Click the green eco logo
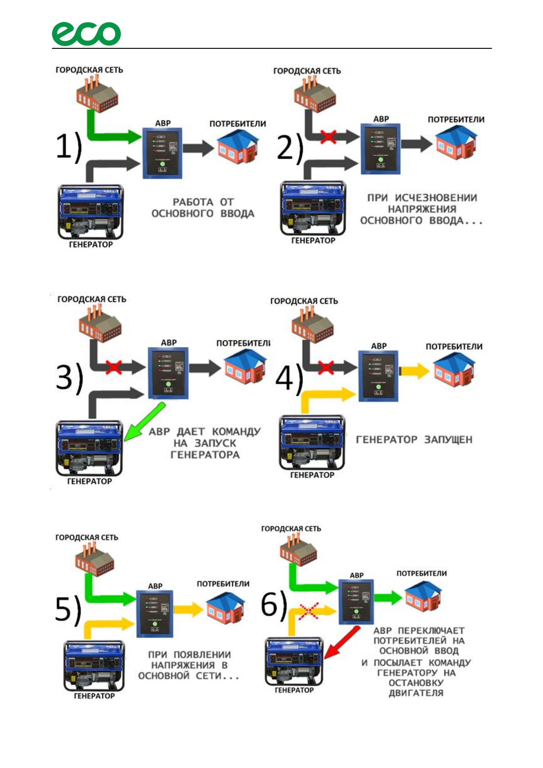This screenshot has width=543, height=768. (x=86, y=34)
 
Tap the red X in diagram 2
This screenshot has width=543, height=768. (x=328, y=136)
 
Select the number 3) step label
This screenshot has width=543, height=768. (x=70, y=378)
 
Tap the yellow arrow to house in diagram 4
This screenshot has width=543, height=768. (x=414, y=371)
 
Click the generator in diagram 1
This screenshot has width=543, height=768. (x=91, y=212)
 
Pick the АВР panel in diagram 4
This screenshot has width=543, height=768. (x=378, y=376)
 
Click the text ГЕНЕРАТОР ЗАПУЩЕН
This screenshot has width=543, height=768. (x=414, y=440)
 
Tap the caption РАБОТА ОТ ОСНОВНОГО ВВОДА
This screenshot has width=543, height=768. (x=203, y=208)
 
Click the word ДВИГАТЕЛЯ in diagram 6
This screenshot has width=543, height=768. (x=416, y=693)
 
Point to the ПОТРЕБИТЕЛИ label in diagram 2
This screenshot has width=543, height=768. (x=456, y=119)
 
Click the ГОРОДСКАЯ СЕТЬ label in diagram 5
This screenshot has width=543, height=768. (x=87, y=537)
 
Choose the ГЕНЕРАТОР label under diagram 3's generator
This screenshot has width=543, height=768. (x=89, y=481)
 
